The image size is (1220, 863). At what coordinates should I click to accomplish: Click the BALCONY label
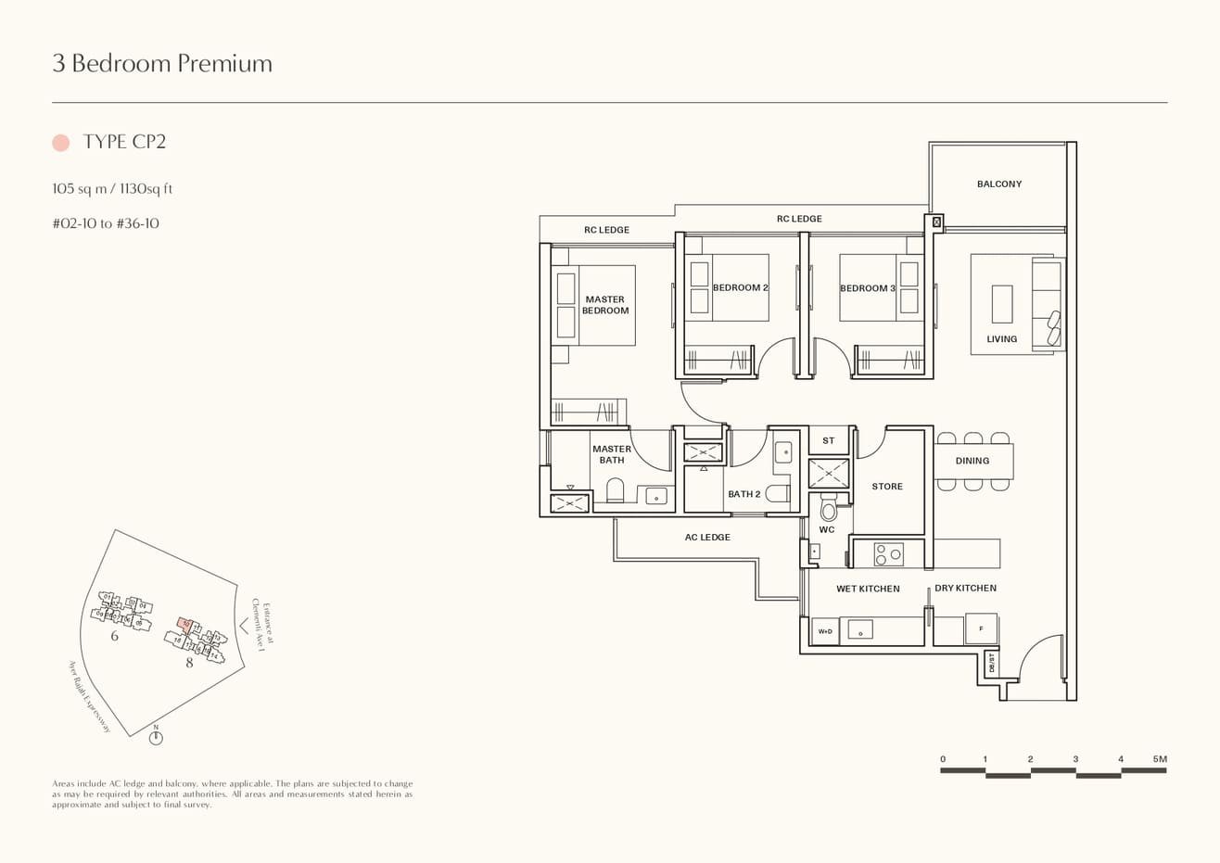pyautogui.click(x=998, y=184)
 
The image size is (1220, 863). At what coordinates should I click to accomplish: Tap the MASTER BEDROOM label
pyautogui.click(x=604, y=305)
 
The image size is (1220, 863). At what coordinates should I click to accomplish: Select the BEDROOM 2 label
pyautogui.click(x=740, y=288)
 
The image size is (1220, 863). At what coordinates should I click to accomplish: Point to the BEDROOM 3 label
pyautogui.click(x=867, y=288)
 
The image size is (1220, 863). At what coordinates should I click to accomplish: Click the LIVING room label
pyautogui.click(x=1001, y=339)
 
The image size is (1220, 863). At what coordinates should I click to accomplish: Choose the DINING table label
pyautogui.click(x=972, y=461)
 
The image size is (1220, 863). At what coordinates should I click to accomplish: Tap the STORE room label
pyautogui.click(x=886, y=487)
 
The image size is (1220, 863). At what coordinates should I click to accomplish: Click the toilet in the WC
pyautogui.click(x=828, y=509)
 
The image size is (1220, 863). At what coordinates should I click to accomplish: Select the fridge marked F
pyautogui.click(x=981, y=628)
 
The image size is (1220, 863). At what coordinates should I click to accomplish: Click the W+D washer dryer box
pyautogui.click(x=824, y=631)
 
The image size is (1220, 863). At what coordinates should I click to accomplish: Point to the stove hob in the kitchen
pyautogui.click(x=888, y=554)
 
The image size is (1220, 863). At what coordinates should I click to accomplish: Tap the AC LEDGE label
pyautogui.click(x=707, y=538)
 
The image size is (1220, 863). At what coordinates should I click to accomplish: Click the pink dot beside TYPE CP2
pyautogui.click(x=61, y=142)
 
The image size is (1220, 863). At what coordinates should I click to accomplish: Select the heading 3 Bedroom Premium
pyautogui.click(x=162, y=63)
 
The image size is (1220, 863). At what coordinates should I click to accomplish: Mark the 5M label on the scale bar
pyautogui.click(x=1159, y=759)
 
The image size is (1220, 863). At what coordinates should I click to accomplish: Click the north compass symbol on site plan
pyautogui.click(x=156, y=738)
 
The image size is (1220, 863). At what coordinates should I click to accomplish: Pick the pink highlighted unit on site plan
pyautogui.click(x=185, y=625)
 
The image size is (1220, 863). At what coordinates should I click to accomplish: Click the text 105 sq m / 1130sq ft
pyautogui.click(x=113, y=189)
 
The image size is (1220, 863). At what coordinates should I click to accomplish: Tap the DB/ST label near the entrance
pyautogui.click(x=991, y=663)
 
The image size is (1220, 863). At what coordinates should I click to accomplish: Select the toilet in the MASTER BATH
pyautogui.click(x=615, y=489)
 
